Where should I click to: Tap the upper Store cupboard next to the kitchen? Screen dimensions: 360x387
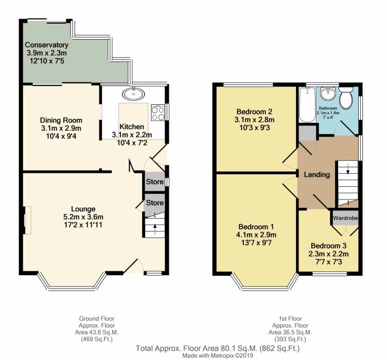pyautogui.click(x=154, y=182)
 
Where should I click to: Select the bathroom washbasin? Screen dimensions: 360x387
pyautogui.click(x=328, y=94)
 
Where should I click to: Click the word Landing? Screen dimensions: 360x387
pyautogui.click(x=316, y=175)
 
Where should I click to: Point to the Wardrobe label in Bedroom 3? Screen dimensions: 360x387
pyautogui.click(x=345, y=218)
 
